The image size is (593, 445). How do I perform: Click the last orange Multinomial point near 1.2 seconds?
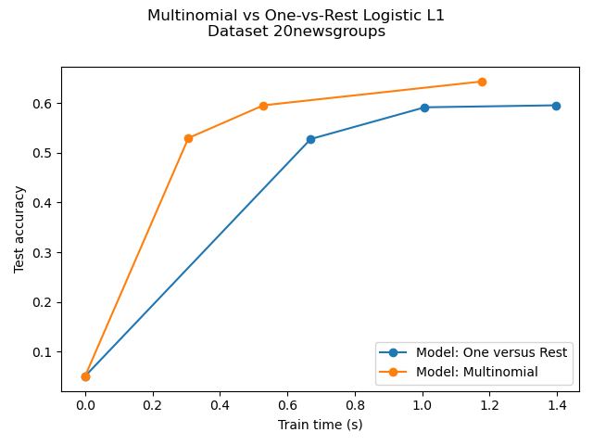point(482,82)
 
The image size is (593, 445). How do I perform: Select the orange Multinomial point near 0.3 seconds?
point(188,138)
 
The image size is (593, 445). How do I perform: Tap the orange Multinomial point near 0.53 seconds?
point(263,106)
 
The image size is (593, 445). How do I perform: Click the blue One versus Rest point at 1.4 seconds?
point(556,106)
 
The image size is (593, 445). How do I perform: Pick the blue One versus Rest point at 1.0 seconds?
point(424,108)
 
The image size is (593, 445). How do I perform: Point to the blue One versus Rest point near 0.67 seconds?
point(310,139)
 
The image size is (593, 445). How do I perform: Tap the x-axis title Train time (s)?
point(321,425)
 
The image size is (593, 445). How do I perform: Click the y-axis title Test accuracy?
point(19,227)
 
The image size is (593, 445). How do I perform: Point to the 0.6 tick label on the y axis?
point(44,103)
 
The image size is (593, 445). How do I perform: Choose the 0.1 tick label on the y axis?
point(44,352)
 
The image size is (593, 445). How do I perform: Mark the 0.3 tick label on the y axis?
point(44,252)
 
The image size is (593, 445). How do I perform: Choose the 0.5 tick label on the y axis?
point(44,153)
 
